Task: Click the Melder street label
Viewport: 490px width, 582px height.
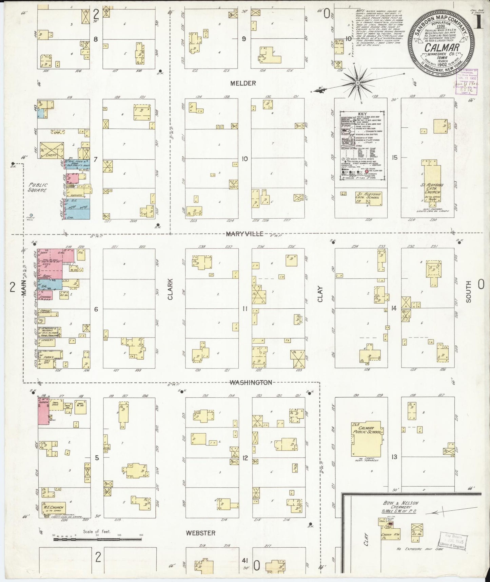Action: (243, 83)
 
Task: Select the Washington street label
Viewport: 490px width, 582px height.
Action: (251, 382)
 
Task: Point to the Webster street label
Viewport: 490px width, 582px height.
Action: (200, 533)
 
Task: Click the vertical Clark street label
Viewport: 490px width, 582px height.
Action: (170, 289)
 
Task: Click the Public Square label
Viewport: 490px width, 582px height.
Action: (38, 187)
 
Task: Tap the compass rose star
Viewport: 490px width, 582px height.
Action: (357, 82)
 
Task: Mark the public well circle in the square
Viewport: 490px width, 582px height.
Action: (31, 215)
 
